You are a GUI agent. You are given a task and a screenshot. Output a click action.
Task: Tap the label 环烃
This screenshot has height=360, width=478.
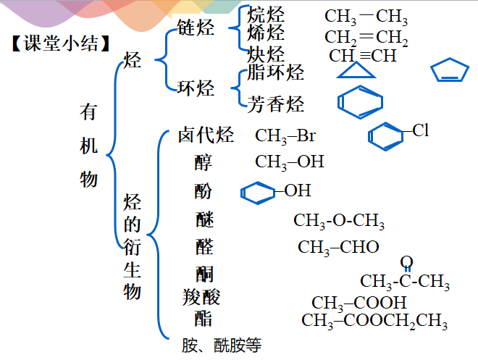(196, 88)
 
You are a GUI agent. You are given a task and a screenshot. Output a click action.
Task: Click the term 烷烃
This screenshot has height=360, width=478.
(266, 14)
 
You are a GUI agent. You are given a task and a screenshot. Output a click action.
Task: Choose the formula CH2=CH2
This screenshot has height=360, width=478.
(366, 38)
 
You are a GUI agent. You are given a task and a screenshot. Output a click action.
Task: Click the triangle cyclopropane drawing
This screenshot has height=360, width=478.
(357, 70)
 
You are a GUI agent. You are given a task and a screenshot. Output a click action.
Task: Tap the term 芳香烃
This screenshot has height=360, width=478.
(276, 104)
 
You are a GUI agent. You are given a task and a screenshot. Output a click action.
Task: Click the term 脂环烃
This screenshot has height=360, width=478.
(275, 72)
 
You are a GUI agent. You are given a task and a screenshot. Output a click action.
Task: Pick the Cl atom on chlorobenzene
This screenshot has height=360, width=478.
(420, 131)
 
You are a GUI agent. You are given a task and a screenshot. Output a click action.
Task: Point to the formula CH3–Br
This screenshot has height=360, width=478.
(285, 135)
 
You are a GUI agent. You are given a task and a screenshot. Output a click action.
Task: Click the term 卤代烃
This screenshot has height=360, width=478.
(206, 135)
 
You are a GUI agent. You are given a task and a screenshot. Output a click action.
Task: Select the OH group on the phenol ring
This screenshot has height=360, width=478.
(297, 191)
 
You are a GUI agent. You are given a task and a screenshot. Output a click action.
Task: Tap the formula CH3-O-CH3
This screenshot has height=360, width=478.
(339, 220)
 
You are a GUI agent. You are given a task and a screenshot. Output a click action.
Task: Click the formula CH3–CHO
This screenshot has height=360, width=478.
(338, 247)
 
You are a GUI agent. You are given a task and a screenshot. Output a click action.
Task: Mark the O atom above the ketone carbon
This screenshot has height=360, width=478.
(406, 261)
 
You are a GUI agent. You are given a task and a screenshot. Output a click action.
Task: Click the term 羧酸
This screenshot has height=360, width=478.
(201, 296)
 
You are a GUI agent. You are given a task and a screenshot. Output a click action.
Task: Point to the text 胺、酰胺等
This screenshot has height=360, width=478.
(221, 346)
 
